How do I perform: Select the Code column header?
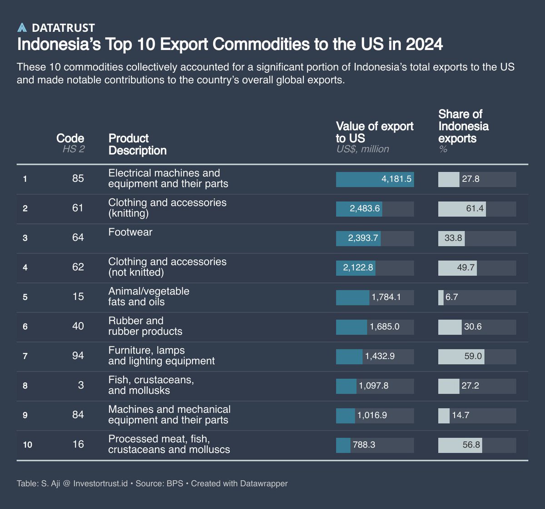[x=70, y=138]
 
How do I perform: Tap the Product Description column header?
[x=137, y=144]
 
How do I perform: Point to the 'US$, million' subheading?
[x=362, y=149]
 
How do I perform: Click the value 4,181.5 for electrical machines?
[x=396, y=179]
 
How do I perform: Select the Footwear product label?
[x=130, y=232]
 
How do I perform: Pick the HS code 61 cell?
[x=78, y=208]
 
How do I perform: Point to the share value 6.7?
[x=451, y=297]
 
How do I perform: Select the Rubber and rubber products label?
[x=145, y=326]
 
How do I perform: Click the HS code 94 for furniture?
[x=78, y=356]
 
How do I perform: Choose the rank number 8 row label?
[x=25, y=386]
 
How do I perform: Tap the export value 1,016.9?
[x=372, y=415]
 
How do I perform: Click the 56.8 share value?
[x=471, y=445]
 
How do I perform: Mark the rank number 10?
[x=27, y=445]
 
